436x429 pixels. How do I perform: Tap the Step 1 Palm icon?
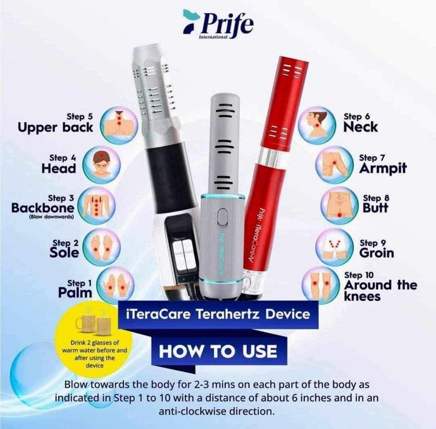(116, 285)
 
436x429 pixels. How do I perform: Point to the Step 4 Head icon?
(102, 165)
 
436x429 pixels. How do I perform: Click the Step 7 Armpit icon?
(334, 165)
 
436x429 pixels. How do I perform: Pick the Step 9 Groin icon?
(334, 247)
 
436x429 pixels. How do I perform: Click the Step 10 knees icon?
(321, 285)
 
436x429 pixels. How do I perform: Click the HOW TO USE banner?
(218, 351)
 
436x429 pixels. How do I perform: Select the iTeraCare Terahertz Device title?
(219, 314)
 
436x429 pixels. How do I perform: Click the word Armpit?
(383, 168)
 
